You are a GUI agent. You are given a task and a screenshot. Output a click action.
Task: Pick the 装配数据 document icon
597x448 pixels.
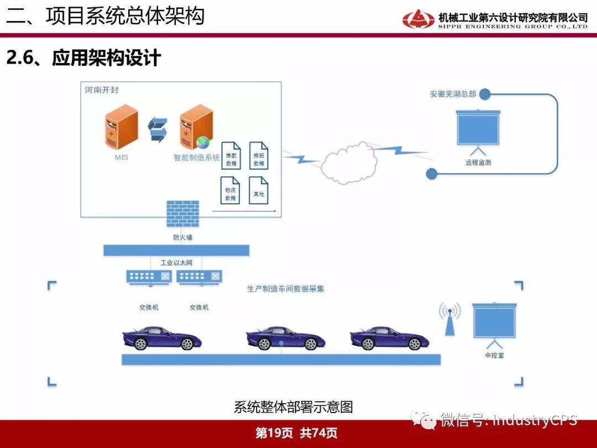tap(231, 155)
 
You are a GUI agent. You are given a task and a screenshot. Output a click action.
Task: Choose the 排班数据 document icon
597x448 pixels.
tap(259, 155)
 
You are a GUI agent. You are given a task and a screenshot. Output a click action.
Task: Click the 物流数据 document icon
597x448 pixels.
tap(231, 190)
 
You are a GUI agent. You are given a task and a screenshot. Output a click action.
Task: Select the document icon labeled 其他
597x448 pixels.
tap(259, 190)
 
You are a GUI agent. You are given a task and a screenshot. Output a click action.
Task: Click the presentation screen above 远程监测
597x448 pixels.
tap(478, 129)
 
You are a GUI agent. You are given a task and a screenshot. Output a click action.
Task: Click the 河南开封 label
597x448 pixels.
tap(102, 90)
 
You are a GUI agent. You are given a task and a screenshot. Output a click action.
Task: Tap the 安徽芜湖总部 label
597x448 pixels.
tap(453, 94)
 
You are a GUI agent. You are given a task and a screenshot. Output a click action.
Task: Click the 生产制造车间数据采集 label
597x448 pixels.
tap(286, 289)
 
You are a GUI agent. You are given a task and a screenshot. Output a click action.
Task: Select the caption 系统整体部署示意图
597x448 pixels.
tap(293, 408)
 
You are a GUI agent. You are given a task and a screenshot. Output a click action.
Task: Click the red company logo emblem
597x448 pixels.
tap(418, 19)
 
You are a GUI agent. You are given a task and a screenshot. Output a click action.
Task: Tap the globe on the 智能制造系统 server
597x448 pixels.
tap(203, 142)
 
